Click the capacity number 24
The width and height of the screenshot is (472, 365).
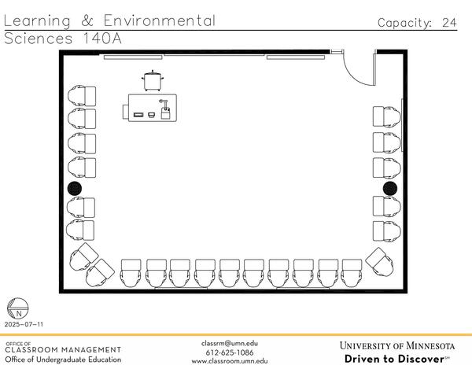448,23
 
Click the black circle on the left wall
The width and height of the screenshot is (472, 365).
75,188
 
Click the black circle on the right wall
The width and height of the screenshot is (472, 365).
389,188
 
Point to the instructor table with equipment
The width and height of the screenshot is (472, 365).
153,108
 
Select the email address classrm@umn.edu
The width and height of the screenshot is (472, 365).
230,343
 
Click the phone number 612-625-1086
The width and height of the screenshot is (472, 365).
230,352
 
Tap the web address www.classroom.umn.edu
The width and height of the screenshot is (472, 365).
230,360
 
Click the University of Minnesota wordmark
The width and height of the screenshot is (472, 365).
397,345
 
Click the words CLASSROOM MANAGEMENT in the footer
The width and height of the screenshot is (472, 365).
63,350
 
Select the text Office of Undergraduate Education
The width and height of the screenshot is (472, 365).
63,359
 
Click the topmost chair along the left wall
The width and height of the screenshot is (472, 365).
83,96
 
